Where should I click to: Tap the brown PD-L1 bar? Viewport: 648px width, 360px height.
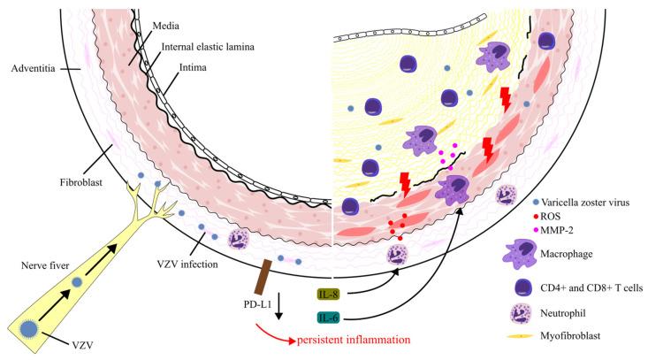coord(262,278)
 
